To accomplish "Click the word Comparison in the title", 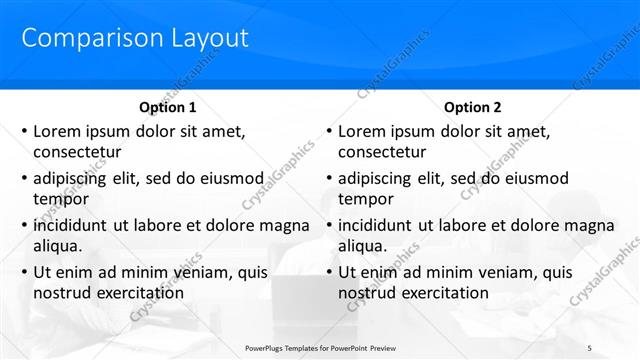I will tap(84, 38).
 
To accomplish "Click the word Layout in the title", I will tap(200, 38).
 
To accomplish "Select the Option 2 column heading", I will tap(473, 107).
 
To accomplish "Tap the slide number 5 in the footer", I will tap(589, 347).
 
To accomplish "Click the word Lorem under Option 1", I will tap(58, 131).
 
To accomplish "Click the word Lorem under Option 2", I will tap(363, 131).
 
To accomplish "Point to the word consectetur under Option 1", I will tap(78, 152).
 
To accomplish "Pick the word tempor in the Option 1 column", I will tap(61, 199).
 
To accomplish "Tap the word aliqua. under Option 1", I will tap(59, 246).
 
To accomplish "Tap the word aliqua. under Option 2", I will tap(364, 246).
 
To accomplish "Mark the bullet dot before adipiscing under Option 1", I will tap(24, 179).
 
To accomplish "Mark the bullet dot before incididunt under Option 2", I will tap(329, 226).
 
